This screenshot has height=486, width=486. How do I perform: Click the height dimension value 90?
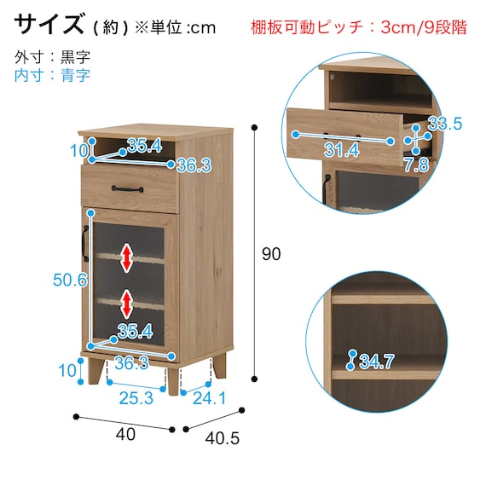[270, 253]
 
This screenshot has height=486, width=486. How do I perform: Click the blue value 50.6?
[69, 280]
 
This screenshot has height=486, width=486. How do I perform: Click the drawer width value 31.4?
[341, 150]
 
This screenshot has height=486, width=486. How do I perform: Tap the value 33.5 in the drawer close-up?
[444, 124]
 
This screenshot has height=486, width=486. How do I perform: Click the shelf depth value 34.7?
[377, 362]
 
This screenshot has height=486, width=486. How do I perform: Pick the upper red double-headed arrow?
[127, 257]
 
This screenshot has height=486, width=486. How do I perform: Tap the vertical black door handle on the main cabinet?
[84, 242]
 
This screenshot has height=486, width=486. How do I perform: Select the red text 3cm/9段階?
[424, 27]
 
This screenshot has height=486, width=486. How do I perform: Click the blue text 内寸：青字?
[52, 75]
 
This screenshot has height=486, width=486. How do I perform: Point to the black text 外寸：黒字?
[52, 58]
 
